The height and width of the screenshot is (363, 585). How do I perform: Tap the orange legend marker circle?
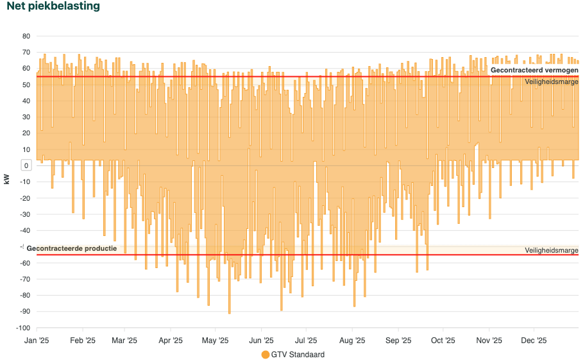tap(266, 355)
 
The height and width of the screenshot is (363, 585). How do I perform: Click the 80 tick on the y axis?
tap(26, 36)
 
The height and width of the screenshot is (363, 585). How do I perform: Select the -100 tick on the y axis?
tap(24, 328)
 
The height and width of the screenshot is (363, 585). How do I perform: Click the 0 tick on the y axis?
tap(26, 165)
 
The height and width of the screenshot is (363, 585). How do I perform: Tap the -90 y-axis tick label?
tap(25, 312)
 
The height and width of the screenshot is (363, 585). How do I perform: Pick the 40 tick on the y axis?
tap(26, 101)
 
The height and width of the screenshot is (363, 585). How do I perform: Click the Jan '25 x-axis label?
tap(37, 341)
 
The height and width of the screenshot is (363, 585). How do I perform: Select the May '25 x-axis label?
tap(216, 341)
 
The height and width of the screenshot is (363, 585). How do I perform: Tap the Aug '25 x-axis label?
tap(352, 341)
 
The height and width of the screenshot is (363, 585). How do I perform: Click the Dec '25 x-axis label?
tap(534, 341)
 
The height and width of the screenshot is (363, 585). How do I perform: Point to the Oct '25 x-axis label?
tap(443, 341)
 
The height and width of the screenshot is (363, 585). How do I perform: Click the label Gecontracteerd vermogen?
tap(534, 70)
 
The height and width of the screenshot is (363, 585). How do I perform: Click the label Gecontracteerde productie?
tap(72, 248)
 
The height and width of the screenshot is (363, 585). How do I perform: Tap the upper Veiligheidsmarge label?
tap(552, 82)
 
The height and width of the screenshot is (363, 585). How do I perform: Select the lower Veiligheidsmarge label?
tap(552, 250)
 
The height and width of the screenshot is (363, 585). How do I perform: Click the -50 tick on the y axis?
tap(25, 247)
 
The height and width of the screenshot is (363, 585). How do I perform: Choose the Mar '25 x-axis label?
tap(124, 341)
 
